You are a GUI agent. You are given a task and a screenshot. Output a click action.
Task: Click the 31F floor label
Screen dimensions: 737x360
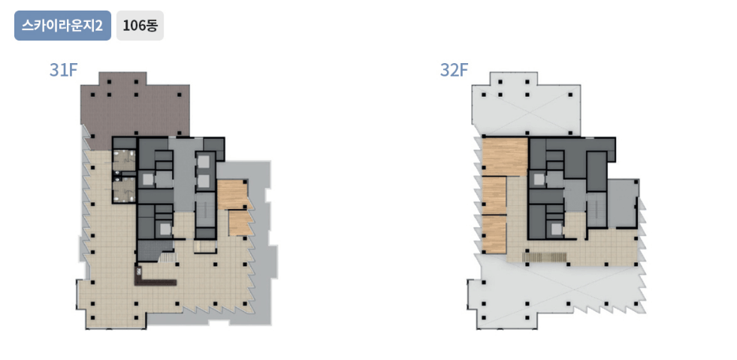pyautogui.click(x=63, y=71)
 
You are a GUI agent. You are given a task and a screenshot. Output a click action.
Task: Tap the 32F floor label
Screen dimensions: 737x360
pyautogui.click(x=454, y=71)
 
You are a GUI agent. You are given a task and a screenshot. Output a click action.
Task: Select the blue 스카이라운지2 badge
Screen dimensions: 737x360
pyautogui.click(x=62, y=26)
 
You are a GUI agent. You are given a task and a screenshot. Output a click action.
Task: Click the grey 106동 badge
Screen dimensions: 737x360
pyautogui.click(x=140, y=26)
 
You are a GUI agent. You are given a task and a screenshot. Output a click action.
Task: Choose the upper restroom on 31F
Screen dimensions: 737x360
pyautogui.click(x=124, y=159)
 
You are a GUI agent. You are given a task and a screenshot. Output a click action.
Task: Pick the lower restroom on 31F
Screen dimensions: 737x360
pyautogui.click(x=124, y=191)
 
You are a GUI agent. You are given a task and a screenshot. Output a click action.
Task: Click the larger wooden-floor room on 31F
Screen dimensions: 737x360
pyautogui.click(x=234, y=195)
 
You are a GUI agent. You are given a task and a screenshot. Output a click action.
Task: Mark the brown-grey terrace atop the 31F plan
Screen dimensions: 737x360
pyautogui.click(x=135, y=108)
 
